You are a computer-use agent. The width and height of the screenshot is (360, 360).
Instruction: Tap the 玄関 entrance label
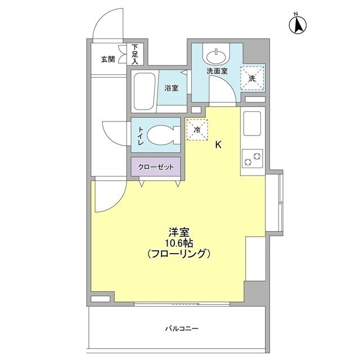(x=108, y=59)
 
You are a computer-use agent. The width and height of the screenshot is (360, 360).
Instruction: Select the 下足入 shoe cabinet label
(x=136, y=54)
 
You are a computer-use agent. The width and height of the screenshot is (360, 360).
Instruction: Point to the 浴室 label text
(x=171, y=88)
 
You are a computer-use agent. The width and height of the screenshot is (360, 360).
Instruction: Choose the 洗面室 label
(x=216, y=71)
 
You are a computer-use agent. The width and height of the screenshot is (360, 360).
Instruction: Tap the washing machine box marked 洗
(x=252, y=78)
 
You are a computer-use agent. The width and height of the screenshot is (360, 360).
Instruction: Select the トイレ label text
(x=139, y=136)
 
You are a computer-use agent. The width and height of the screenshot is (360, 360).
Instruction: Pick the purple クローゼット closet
(x=156, y=167)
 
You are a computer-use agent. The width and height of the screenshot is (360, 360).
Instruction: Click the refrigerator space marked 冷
(x=197, y=129)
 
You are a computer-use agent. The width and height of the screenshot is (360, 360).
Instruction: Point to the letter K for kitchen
(x=218, y=145)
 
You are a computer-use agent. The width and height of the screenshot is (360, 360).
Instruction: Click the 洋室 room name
(x=179, y=231)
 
